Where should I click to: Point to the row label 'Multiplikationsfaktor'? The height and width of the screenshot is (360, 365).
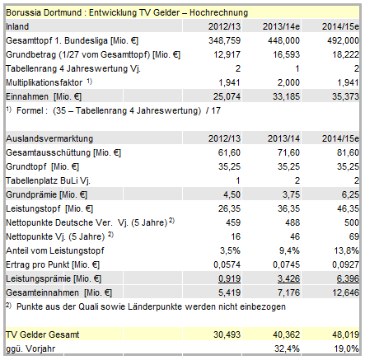click(x=43, y=82)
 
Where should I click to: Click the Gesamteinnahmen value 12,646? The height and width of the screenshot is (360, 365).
click(x=339, y=292)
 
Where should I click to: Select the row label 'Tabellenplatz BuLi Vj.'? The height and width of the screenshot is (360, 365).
click(x=45, y=180)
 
